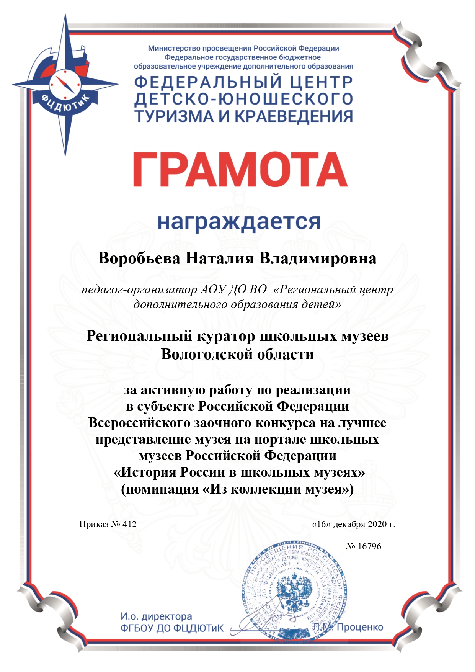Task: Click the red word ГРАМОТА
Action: point(240,169)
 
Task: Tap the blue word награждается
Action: point(239,222)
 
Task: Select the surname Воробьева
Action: point(139,258)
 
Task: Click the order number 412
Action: point(130,524)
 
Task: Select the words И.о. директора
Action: point(156,616)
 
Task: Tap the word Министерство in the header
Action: point(174,49)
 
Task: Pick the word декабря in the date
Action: point(349,524)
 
